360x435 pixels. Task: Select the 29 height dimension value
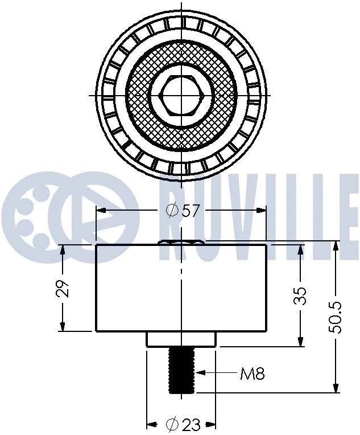coord(64,288)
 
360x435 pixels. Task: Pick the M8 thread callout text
coord(252,374)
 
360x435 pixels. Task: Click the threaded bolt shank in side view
coord(181,371)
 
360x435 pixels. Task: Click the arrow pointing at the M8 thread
coord(200,374)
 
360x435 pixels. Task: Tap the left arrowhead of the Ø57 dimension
coord(100,211)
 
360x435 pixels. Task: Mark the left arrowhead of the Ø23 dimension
coord(151,424)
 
